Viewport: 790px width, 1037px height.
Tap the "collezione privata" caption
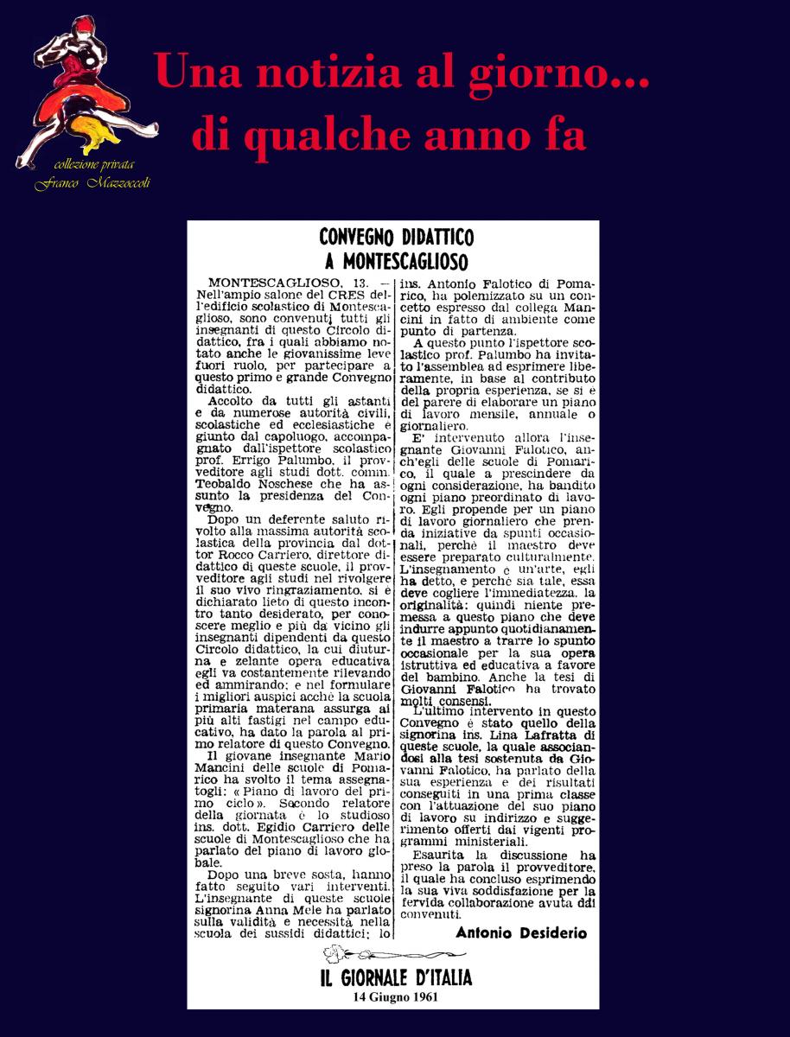click(94, 164)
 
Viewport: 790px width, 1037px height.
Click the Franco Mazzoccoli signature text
click(92, 183)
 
